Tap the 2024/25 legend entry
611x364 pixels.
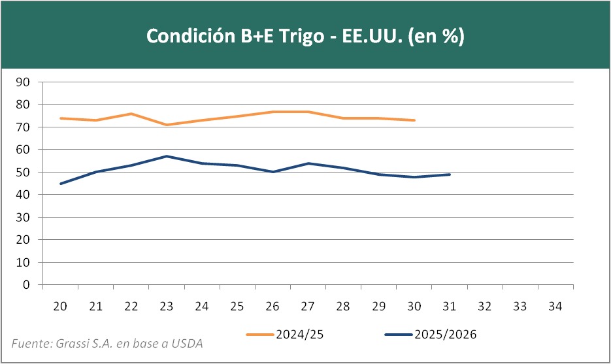286,335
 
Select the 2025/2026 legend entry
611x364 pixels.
431,335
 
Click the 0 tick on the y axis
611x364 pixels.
26,285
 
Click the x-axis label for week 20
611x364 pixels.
60,306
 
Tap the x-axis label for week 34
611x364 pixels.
555,306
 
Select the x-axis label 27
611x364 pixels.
308,306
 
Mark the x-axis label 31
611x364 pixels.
450,306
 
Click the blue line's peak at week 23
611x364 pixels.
167,156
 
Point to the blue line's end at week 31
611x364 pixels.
450,174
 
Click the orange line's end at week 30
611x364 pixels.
414,120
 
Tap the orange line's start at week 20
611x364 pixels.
61,118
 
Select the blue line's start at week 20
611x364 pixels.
61,184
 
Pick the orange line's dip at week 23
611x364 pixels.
167,125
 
